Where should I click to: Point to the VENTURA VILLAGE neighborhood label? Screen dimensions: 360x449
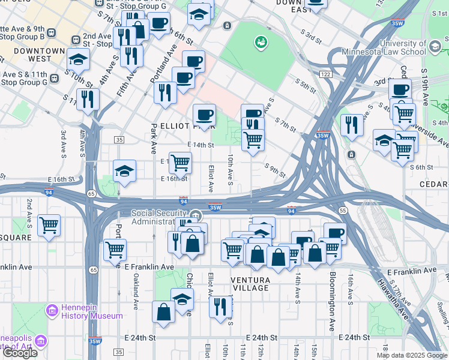[x=250, y=284]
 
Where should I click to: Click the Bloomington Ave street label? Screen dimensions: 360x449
[x=331, y=301]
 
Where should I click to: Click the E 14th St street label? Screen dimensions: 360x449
[x=200, y=145]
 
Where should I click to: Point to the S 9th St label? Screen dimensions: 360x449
[x=274, y=170]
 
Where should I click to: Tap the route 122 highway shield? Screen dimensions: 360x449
[x=326, y=74]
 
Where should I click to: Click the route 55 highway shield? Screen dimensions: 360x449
[x=343, y=211]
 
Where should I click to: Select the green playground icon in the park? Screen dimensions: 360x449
[x=261, y=42]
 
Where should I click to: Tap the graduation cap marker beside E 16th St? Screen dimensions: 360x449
[x=125, y=170]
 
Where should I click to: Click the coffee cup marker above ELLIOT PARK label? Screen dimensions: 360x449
[x=204, y=113]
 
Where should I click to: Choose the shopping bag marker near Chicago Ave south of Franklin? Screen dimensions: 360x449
[x=163, y=311]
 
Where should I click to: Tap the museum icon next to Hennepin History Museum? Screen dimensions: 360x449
[x=52, y=311]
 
